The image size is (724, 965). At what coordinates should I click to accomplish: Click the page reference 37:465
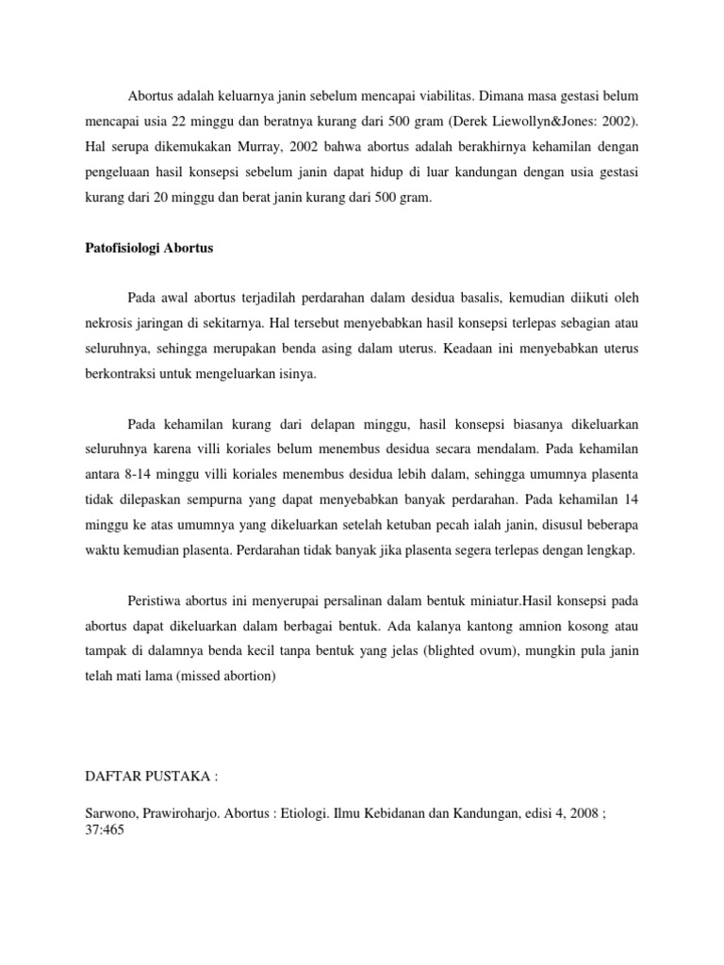pyautogui.click(x=104, y=833)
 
